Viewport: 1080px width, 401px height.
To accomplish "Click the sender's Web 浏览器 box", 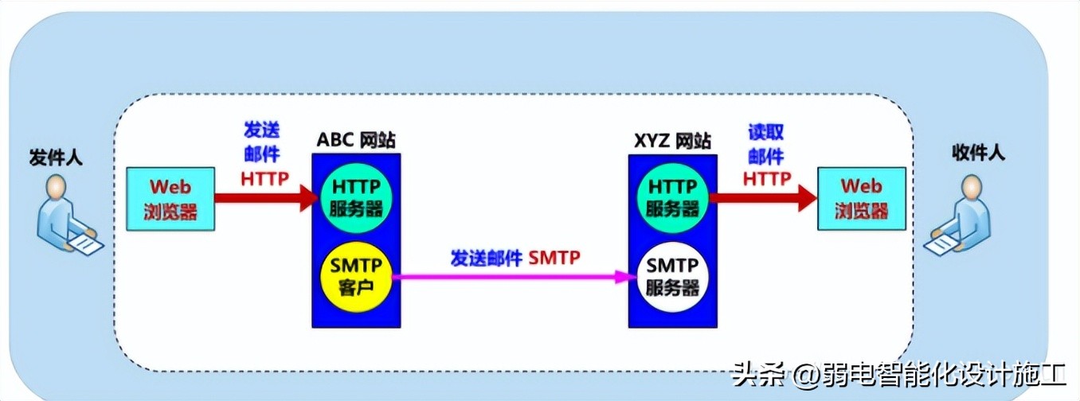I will tap(170, 199).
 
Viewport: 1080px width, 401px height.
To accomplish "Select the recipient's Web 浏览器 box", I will tap(862, 199).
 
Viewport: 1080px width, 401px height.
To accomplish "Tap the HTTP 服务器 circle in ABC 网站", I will tap(355, 197).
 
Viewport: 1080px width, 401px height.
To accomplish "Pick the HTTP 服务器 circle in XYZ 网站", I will tap(672, 197).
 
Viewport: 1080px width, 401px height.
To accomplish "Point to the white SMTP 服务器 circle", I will tap(672, 276).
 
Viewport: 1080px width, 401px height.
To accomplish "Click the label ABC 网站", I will tap(355, 141).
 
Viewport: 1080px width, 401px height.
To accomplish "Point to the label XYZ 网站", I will tap(672, 141).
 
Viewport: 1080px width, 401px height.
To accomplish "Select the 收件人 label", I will tap(978, 153).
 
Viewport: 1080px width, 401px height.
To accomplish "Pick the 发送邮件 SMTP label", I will tap(515, 257).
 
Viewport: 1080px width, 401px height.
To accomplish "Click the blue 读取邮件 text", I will tap(765, 144).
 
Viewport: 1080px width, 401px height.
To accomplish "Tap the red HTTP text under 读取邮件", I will tap(767, 178).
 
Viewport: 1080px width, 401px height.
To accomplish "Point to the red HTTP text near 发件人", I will tap(264, 178).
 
